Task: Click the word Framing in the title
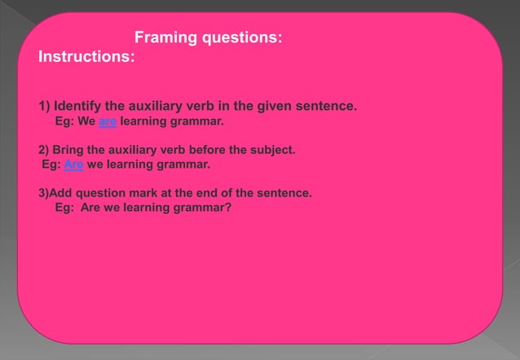pyautogui.click(x=161, y=37)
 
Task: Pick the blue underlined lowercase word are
pyautogui.click(x=108, y=122)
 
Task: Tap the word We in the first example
pyautogui.click(x=86, y=122)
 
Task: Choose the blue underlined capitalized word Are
pyautogui.click(x=73, y=165)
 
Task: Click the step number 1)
pyautogui.click(x=45, y=107)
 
